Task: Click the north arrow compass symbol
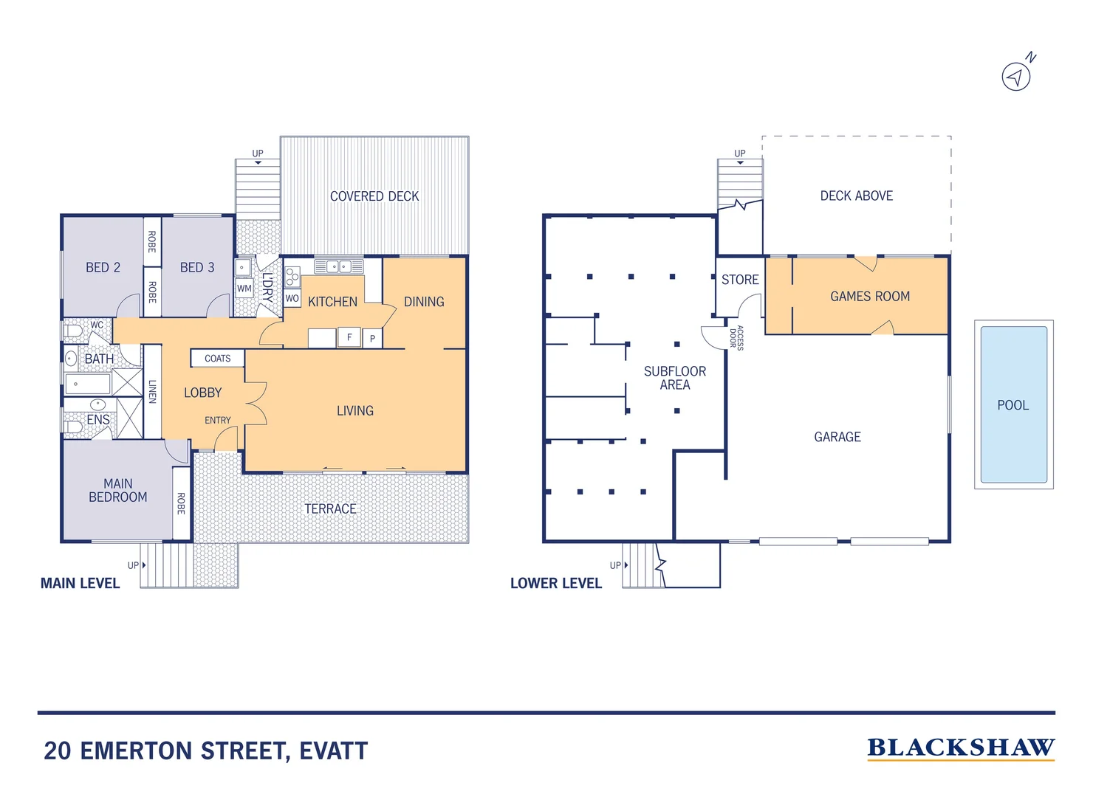click(x=1016, y=76)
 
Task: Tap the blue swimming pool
click(x=1013, y=404)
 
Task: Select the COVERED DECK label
click(x=374, y=196)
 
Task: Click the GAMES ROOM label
click(x=869, y=297)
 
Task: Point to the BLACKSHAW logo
click(x=960, y=748)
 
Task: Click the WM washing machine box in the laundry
click(x=244, y=289)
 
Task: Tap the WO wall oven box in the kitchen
click(x=292, y=299)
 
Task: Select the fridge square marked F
click(x=349, y=337)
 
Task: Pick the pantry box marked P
click(x=372, y=339)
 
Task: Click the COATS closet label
click(x=217, y=359)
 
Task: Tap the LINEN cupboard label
click(x=152, y=391)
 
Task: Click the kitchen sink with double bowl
click(x=338, y=266)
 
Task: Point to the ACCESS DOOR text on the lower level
click(x=736, y=337)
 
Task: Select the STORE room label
click(x=740, y=280)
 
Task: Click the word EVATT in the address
click(x=333, y=751)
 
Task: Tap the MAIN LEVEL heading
click(x=80, y=584)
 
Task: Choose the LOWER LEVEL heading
click(x=555, y=584)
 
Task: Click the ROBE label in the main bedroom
click(x=181, y=504)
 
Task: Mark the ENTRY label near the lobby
click(x=217, y=421)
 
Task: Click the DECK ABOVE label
click(x=856, y=196)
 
